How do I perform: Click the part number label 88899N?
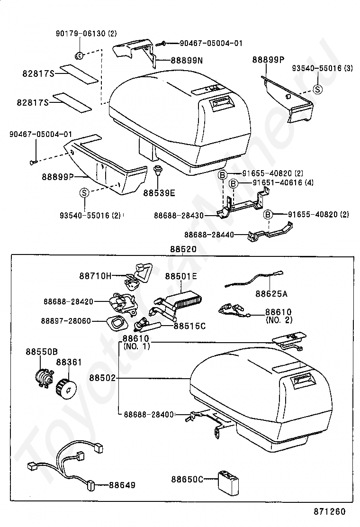(x=187, y=61)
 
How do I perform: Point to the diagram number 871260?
(x=329, y=511)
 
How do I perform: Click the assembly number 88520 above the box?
(x=183, y=249)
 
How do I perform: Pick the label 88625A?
(x=271, y=294)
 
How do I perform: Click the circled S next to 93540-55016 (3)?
(x=317, y=89)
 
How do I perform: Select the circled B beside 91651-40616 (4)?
(x=234, y=183)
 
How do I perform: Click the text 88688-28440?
(x=209, y=235)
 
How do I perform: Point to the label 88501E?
(x=181, y=277)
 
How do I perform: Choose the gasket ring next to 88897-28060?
(x=116, y=323)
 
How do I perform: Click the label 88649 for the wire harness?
(x=122, y=485)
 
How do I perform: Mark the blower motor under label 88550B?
(x=44, y=375)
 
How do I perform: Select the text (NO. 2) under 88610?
(x=279, y=320)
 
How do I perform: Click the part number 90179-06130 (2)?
(x=86, y=33)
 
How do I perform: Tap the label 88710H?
(x=95, y=276)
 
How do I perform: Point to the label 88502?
(x=102, y=378)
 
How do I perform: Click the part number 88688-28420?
(x=68, y=301)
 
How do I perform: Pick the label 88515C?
(x=190, y=326)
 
